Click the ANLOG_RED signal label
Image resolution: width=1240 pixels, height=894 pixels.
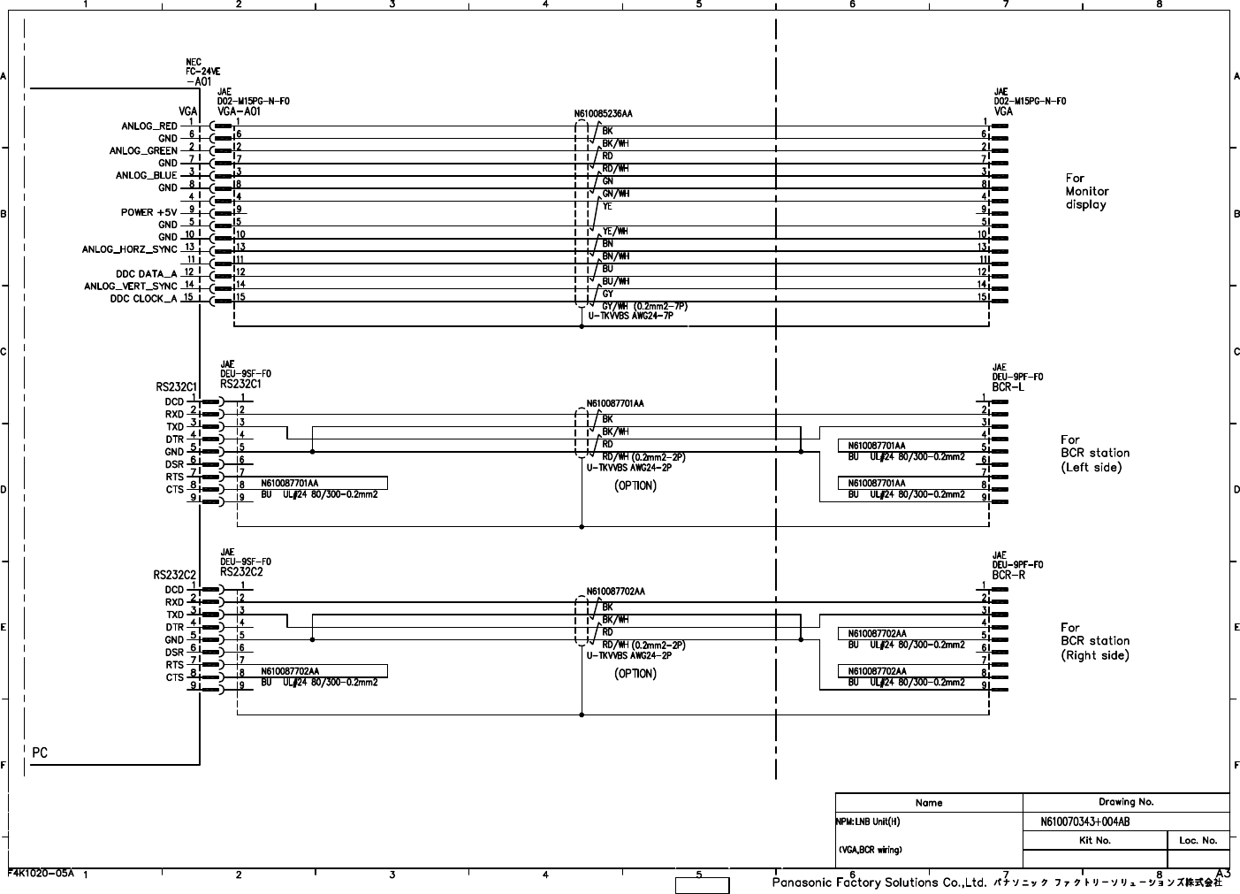pyautogui.click(x=149, y=126)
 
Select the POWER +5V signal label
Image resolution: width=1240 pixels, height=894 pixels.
pyautogui.click(x=149, y=212)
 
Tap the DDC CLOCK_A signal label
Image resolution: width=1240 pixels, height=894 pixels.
pyautogui.click(x=144, y=299)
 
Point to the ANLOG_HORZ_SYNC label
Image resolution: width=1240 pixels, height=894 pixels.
pyautogui.click(x=130, y=249)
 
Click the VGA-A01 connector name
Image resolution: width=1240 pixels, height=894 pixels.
pyautogui.click(x=239, y=111)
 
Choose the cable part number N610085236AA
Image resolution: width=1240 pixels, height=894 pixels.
pyautogui.click(x=604, y=114)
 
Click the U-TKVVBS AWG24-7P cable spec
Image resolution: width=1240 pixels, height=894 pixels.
pyautogui.click(x=630, y=316)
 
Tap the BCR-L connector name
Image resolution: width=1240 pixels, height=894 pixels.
pyautogui.click(x=1008, y=387)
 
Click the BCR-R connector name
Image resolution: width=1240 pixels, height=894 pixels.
pyautogui.click(x=1008, y=575)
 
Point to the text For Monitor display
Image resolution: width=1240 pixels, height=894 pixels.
pyautogui.click(x=1086, y=191)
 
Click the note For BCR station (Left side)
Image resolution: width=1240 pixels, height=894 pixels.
pyautogui.click(x=1094, y=453)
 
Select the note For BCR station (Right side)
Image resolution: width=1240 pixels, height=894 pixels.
pyautogui.click(x=1094, y=641)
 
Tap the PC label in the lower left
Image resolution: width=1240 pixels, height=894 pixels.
pyautogui.click(x=40, y=753)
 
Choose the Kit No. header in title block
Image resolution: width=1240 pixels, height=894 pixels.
pyautogui.click(x=1095, y=840)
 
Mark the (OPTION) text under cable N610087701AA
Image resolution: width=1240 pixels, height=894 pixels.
pyautogui.click(x=635, y=485)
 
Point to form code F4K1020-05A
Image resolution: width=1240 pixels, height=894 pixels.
pyautogui.click(x=41, y=872)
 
